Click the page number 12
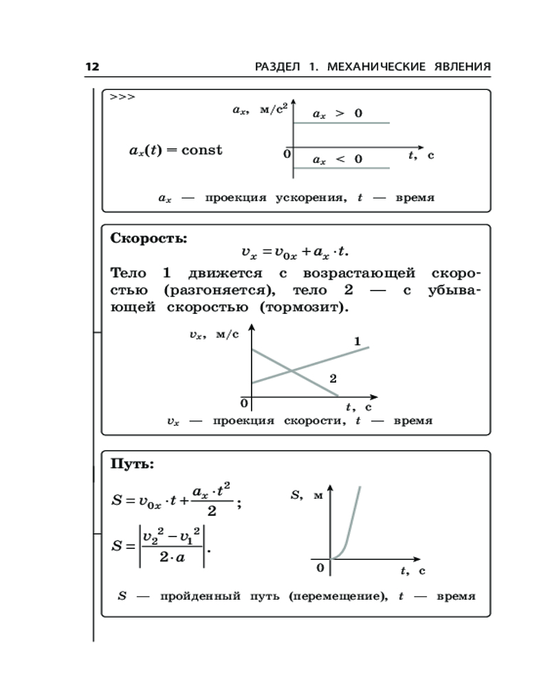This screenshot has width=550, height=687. (x=92, y=67)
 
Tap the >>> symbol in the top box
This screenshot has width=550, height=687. (x=122, y=98)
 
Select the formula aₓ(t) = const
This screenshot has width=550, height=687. (x=176, y=150)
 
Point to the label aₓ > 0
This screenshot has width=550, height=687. (x=337, y=114)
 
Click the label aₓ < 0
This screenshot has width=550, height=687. (x=337, y=159)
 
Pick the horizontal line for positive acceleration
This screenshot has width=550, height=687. (x=342, y=123)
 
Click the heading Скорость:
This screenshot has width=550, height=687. (x=148, y=238)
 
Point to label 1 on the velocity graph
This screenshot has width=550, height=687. (x=357, y=341)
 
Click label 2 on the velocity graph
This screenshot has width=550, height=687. (x=333, y=379)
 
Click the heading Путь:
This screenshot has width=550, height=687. (x=133, y=464)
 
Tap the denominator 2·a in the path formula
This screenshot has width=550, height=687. (x=171, y=558)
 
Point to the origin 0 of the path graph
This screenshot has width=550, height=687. (x=320, y=568)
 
